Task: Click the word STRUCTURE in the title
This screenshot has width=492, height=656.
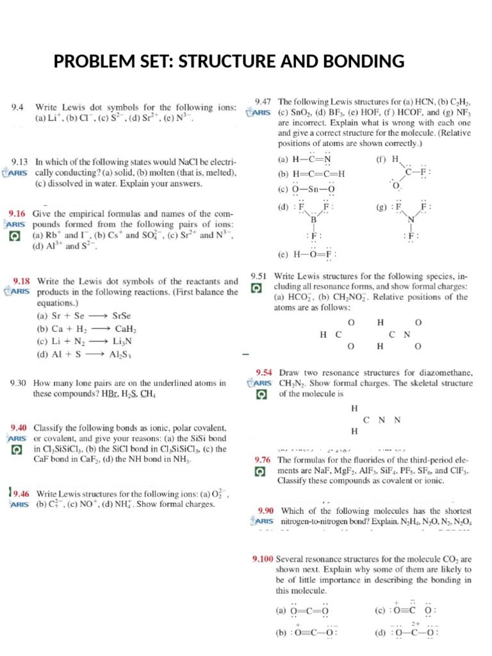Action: (x=231, y=61)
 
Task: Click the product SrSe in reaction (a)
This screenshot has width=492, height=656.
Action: (x=121, y=316)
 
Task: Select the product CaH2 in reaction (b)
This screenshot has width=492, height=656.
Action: (x=126, y=329)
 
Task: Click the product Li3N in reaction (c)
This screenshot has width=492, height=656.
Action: (x=122, y=341)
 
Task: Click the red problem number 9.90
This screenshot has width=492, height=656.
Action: (x=266, y=511)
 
